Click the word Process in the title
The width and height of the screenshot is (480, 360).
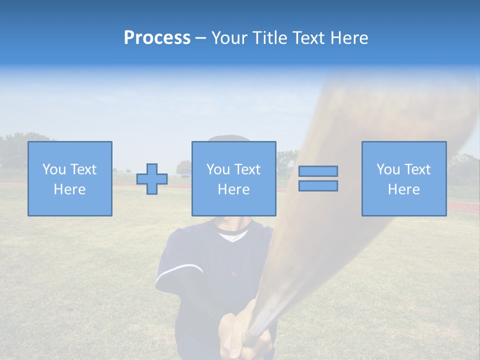coord(157,38)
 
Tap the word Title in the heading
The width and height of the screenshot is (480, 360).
coord(270,38)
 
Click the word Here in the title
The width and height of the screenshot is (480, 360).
coord(348,38)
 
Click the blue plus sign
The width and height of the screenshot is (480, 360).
coord(152,179)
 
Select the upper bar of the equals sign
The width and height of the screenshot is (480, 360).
coord(318,171)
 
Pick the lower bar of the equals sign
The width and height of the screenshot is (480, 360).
coord(318,186)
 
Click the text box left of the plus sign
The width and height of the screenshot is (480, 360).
coord(70,178)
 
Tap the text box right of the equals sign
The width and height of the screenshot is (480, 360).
coord(404,178)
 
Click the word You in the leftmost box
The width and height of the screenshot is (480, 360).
coord(53,169)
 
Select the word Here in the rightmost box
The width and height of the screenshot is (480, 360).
coord(403,189)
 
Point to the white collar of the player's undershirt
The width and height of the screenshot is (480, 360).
coord(233,235)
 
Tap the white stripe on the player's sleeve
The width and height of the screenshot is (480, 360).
coord(180,270)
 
